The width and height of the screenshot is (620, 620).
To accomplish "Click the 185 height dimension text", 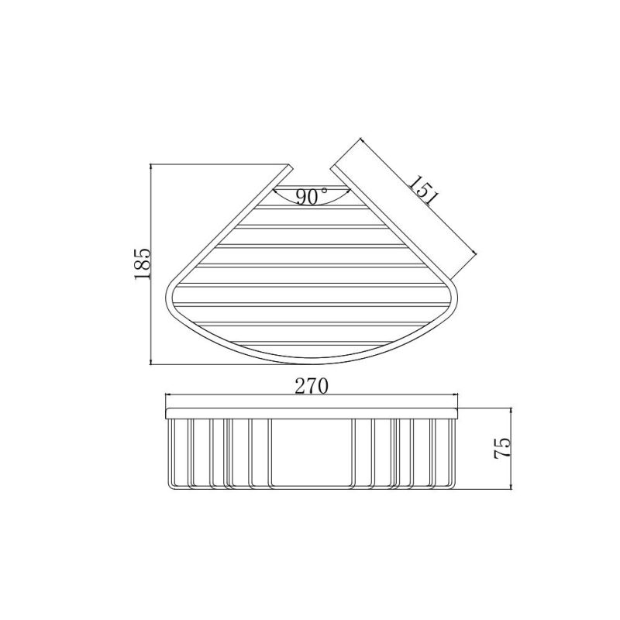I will [142, 265].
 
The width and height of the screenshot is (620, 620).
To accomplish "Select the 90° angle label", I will [310, 197].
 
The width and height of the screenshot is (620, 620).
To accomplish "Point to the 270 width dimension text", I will [312, 384].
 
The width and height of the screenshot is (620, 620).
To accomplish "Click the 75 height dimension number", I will [501, 449].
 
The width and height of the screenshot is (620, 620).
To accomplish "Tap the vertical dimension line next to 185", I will [151, 263].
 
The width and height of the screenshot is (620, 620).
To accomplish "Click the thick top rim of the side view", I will [312, 412].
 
